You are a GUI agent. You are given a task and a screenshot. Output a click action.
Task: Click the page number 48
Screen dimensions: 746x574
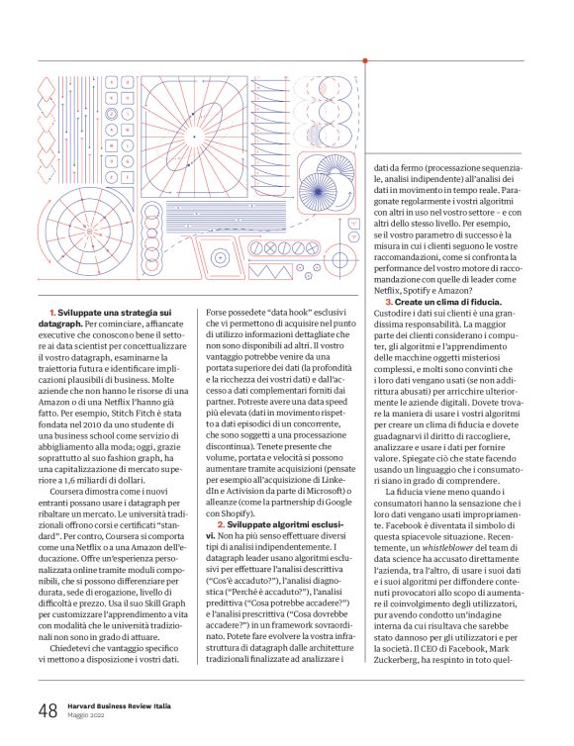point(48,710)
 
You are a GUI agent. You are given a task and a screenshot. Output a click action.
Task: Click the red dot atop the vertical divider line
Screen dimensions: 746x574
point(367,62)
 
